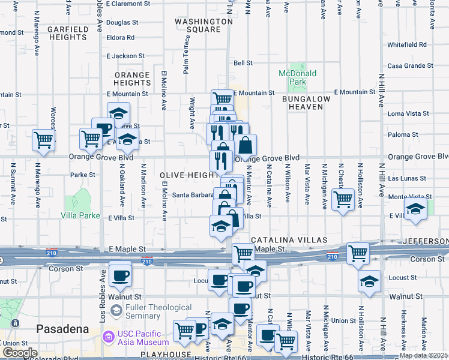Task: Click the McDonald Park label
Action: pyautogui.click(x=297, y=77)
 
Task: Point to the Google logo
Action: pyautogui.click(x=19, y=353)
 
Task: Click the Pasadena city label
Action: pyautogui.click(x=62, y=329)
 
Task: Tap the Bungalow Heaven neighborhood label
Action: pyautogui.click(x=306, y=102)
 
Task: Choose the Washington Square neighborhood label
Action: pyautogui.click(x=203, y=25)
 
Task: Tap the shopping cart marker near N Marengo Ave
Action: pyautogui.click(x=44, y=140)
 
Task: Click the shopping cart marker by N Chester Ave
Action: pyautogui.click(x=343, y=199)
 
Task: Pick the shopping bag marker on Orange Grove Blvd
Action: pyautogui.click(x=245, y=145)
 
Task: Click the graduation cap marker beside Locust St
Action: pyautogui.click(x=369, y=281)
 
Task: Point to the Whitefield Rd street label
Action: pyautogui.click(x=406, y=44)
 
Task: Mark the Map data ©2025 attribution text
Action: pyautogui.click(x=423, y=355)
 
